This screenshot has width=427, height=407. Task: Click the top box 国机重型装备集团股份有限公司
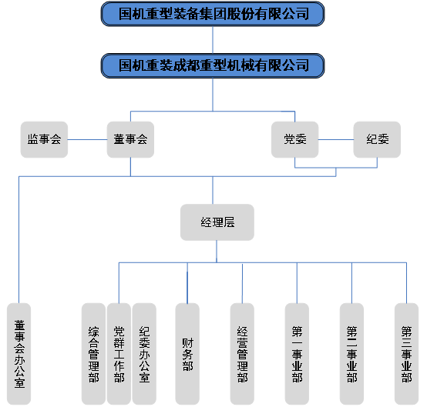click(213, 14)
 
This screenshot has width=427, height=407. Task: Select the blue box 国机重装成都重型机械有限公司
click(213, 66)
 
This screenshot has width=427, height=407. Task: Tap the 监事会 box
click(44, 139)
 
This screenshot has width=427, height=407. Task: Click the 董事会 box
click(130, 139)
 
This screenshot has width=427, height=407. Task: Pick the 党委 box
click(295, 139)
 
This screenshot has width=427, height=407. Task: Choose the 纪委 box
click(377, 139)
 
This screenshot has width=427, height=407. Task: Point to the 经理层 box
click(217, 222)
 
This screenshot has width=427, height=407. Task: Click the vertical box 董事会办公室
click(18, 354)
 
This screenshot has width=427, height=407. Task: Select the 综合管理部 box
click(93, 354)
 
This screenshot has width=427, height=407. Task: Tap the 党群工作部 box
click(119, 354)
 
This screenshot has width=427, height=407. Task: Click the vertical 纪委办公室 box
click(144, 354)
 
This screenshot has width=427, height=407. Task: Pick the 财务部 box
click(187, 354)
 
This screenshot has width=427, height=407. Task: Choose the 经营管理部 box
click(242, 354)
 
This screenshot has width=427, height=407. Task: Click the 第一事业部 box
click(297, 354)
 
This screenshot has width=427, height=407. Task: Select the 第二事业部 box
click(351, 354)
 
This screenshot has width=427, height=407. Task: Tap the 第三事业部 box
click(407, 354)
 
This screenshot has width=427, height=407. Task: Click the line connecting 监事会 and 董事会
click(87, 140)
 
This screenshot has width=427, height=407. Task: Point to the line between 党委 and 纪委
click(336, 140)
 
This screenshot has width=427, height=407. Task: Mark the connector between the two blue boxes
click(213, 40)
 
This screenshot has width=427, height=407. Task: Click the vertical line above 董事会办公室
click(18, 240)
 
